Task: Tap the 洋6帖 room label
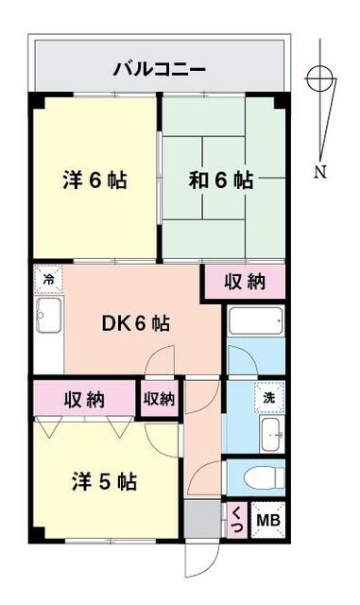[x=94, y=180]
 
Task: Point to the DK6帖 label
[x=136, y=323]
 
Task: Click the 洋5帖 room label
[x=104, y=482]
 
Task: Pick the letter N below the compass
[x=321, y=172]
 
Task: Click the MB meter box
[x=267, y=520]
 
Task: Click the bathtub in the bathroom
[x=255, y=321]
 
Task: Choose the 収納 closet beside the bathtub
[x=244, y=282]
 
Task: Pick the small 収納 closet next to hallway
[x=160, y=399]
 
